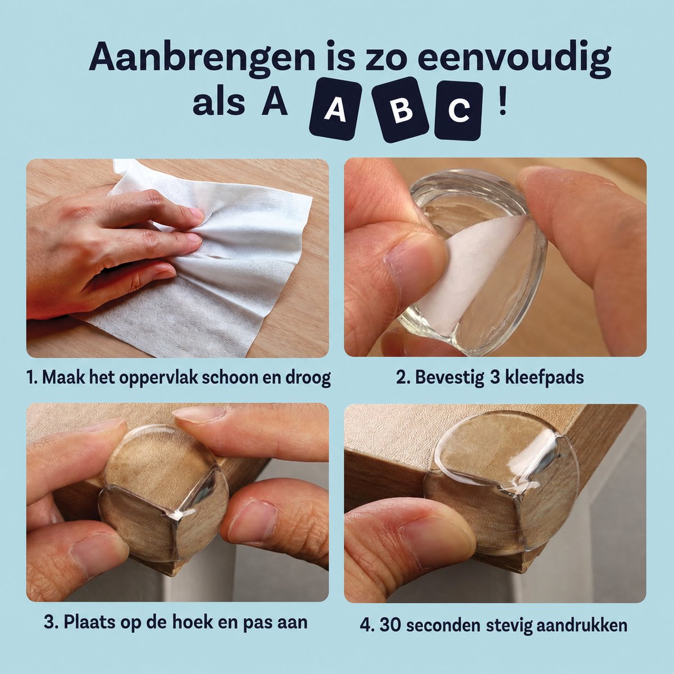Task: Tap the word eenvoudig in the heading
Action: tap(514, 58)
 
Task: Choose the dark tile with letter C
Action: tap(458, 111)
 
